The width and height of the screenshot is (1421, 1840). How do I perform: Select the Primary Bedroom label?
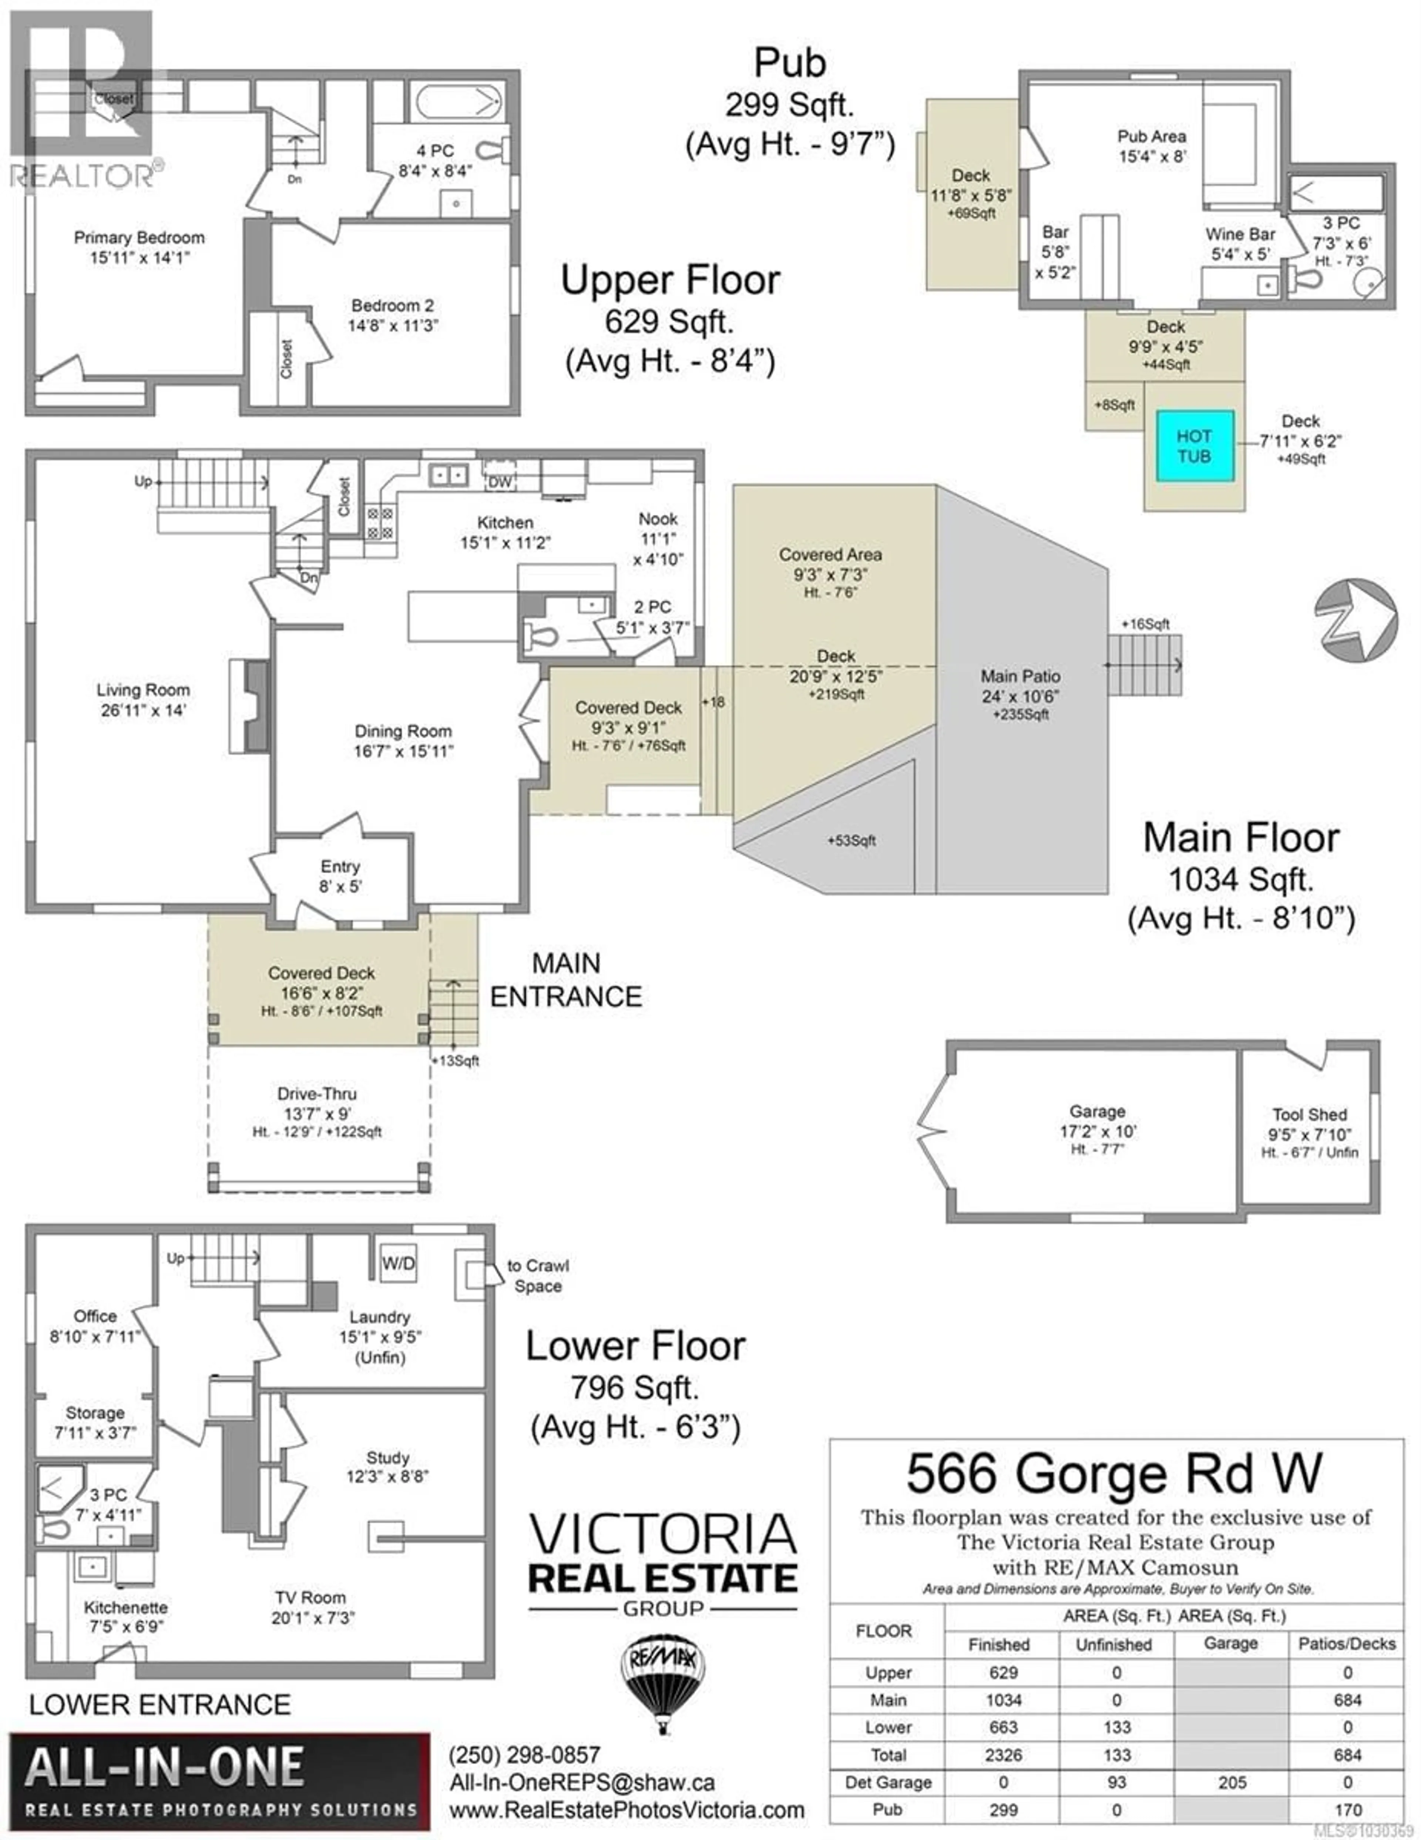[x=139, y=238]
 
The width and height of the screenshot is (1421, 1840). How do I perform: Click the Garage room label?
[x=1097, y=1111]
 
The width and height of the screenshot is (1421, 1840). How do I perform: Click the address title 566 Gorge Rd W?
[x=1113, y=1473]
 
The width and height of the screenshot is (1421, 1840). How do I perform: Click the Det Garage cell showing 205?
[x=1231, y=1783]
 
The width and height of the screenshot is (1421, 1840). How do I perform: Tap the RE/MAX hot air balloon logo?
[x=663, y=1676]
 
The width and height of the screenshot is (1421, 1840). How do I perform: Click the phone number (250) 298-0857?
[x=525, y=1755]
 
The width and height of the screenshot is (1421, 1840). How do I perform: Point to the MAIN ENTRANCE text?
[x=566, y=980]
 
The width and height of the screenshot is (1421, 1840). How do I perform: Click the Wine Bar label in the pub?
[x=1240, y=234]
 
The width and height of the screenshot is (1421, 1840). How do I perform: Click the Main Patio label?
[x=1020, y=677]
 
